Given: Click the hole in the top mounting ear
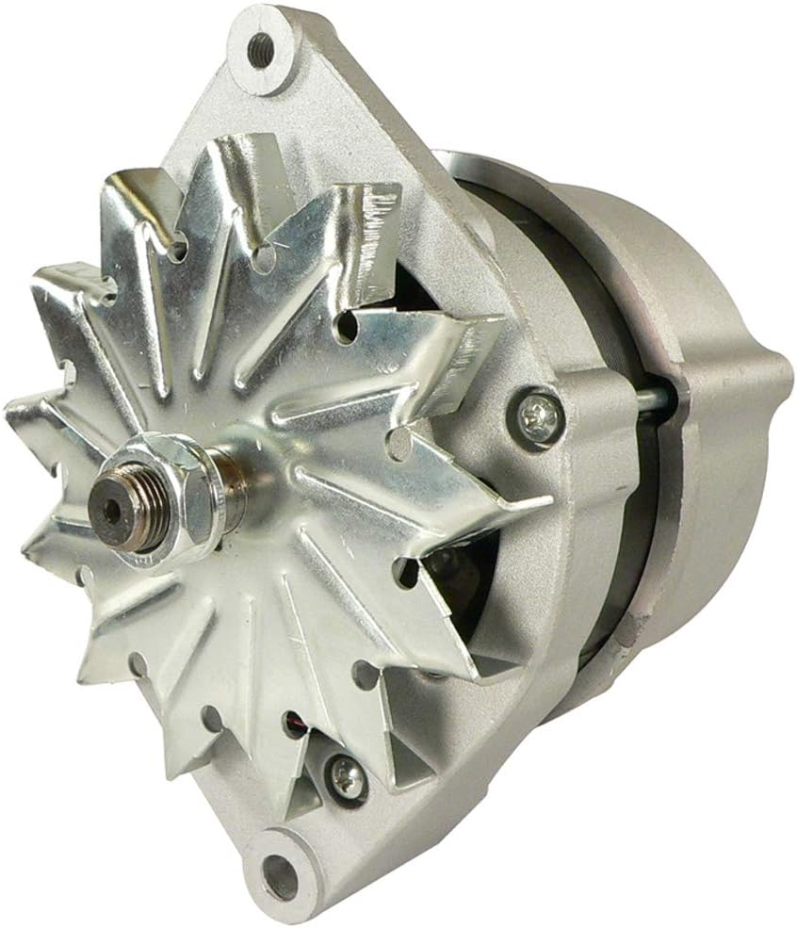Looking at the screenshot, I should click(261, 45).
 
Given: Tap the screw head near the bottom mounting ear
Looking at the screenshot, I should click(346, 775).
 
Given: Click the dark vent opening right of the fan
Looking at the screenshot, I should click(462, 575).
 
